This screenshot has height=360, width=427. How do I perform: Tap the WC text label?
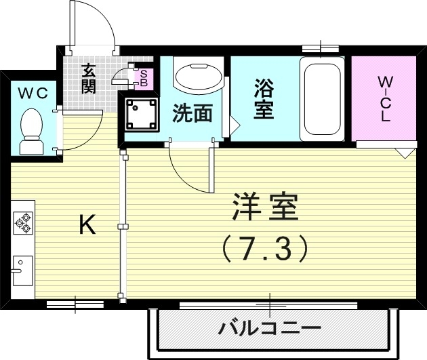tap(32, 93)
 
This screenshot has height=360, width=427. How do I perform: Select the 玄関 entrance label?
tap(89, 78)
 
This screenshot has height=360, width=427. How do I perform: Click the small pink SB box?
tap(144, 78)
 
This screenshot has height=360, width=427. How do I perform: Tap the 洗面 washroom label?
tap(192, 113)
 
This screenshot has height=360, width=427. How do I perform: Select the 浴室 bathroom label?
tap(264, 99)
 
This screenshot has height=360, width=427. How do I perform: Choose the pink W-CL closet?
tap(384, 99)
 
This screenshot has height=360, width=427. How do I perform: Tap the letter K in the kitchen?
tap(86, 224)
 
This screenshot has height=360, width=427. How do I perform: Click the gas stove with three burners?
tap(24, 222)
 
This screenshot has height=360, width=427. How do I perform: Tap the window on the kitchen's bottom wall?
tap(75, 304)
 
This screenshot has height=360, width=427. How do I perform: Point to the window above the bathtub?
tap(320, 48)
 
